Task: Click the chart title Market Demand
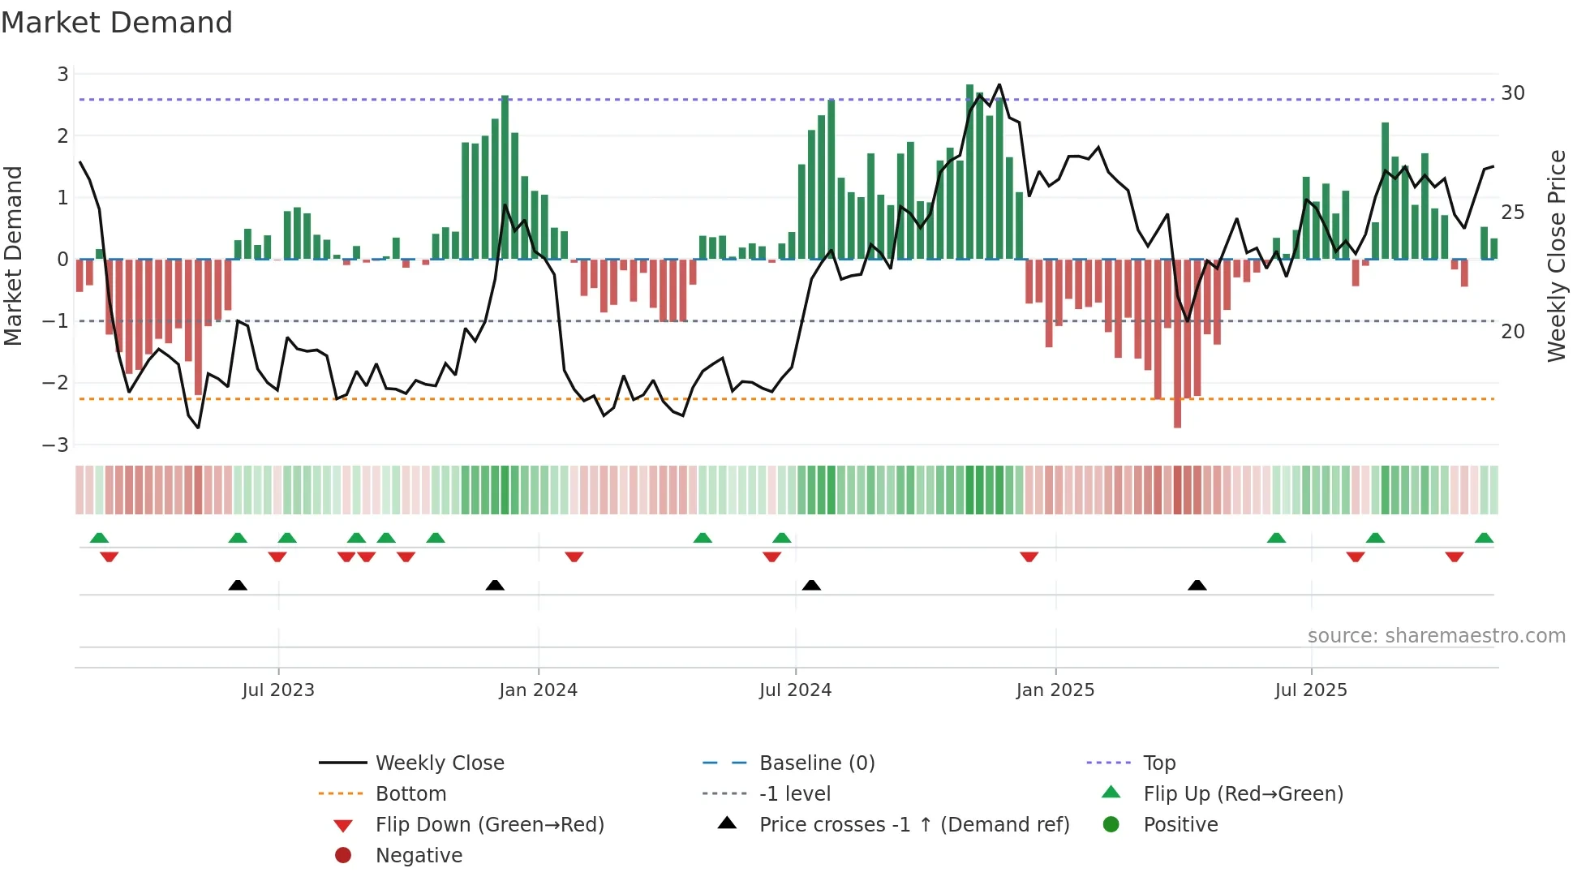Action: click(x=117, y=23)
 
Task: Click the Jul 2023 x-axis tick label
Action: click(x=278, y=690)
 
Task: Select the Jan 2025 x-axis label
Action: click(x=1055, y=690)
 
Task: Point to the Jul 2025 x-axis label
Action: click(x=1311, y=690)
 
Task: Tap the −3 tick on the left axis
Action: click(x=56, y=445)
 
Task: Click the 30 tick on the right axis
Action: click(x=1513, y=93)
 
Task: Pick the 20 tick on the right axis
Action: click(x=1513, y=332)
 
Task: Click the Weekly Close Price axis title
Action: click(x=1556, y=256)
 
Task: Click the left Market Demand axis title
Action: click(x=13, y=256)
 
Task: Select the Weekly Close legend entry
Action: click(x=439, y=763)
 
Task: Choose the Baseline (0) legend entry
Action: click(x=816, y=763)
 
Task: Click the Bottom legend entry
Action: click(x=410, y=794)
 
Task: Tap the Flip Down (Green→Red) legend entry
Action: click(x=489, y=825)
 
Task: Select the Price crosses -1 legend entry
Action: click(x=913, y=825)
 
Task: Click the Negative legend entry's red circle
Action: click(x=343, y=856)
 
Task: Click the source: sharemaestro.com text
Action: click(x=1436, y=636)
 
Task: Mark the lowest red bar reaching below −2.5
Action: click(x=1177, y=422)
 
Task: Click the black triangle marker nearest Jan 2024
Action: click(x=495, y=585)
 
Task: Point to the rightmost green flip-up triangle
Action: click(x=1484, y=538)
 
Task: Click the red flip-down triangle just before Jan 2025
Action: click(x=1029, y=557)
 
